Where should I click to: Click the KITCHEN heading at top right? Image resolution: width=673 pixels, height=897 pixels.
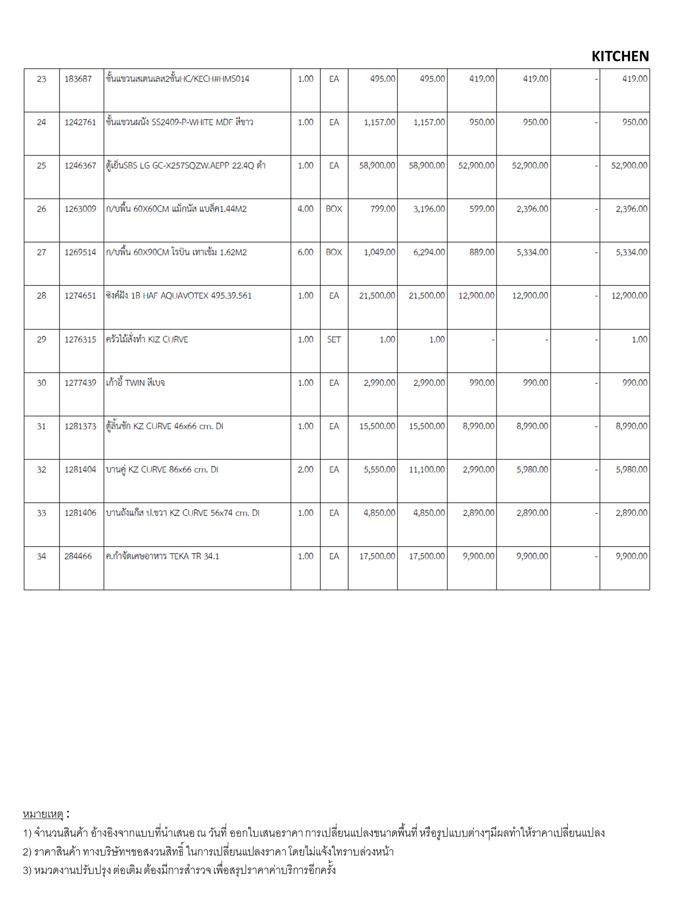[620, 57]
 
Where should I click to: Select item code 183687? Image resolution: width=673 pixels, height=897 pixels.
[78, 79]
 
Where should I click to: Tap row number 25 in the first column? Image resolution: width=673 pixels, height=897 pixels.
[41, 166]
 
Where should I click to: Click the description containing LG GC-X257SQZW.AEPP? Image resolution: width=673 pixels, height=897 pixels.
[185, 166]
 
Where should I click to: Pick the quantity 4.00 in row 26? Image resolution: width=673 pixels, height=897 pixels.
[305, 209]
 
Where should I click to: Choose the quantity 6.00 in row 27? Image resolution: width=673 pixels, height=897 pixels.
[305, 252]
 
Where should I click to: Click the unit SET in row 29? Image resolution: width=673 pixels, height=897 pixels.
[334, 339]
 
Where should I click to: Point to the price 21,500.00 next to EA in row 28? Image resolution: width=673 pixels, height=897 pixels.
[377, 296]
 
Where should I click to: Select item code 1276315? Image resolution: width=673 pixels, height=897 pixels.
[80, 339]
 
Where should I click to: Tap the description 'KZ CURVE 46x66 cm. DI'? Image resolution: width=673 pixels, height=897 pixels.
[164, 426]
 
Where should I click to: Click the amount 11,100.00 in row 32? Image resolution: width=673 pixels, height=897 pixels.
[426, 470]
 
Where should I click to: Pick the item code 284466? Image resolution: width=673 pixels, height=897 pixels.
[78, 556]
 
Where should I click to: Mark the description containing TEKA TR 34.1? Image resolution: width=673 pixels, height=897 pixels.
[162, 556]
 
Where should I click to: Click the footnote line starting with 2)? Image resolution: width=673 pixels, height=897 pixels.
[208, 851]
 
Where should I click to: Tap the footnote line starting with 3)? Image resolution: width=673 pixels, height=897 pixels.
[179, 870]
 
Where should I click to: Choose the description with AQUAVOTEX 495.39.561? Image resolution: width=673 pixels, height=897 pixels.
[178, 296]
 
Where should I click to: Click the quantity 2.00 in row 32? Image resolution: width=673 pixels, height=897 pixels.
[305, 470]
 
